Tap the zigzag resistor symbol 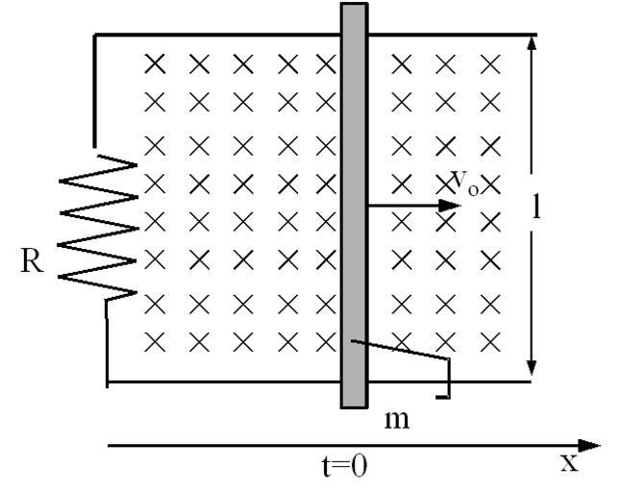click(99, 228)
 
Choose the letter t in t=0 click(326, 467)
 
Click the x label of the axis click(571, 462)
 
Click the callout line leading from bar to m click(404, 351)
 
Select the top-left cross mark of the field click(154, 64)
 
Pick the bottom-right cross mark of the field click(491, 341)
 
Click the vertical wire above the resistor click(94, 91)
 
